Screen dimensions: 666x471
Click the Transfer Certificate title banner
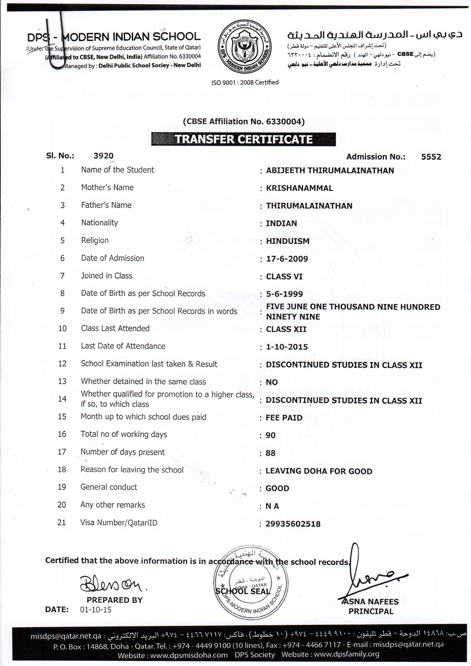click(243, 139)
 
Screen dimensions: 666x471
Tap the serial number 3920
click(103, 156)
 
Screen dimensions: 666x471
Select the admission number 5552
click(431, 157)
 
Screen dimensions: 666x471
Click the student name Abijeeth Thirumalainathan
click(330, 171)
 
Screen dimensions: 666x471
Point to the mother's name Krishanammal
click(299, 188)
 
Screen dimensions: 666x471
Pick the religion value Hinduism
click(287, 241)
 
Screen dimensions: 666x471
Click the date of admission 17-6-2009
click(287, 259)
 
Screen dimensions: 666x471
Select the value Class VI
click(284, 277)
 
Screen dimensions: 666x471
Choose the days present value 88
click(270, 453)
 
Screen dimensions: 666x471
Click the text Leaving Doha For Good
click(319, 471)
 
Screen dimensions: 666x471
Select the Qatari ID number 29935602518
click(293, 524)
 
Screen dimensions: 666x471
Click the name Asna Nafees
click(371, 602)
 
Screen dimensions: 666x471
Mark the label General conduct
click(109, 487)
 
